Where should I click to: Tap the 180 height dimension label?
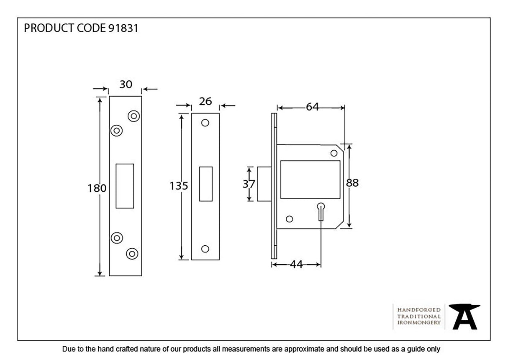pos(97,188)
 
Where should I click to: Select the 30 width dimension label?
pos(126,85)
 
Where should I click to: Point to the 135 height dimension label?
pos(179,186)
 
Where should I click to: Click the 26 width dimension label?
pos(205,101)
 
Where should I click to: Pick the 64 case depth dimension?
pos(312,107)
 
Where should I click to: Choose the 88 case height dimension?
pos(353,183)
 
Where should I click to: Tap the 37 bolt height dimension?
pos(249,184)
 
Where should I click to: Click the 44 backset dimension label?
pos(296,265)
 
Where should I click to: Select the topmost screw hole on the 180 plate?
pos(133,116)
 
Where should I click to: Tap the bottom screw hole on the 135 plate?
pos(205,249)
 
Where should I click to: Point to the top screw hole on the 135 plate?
pos(205,123)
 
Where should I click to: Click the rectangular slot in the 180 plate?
pos(125,186)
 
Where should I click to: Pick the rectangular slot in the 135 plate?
pos(206,184)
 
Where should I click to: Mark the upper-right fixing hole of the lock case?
pos(334,153)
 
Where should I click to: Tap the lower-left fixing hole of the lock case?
pos(289,219)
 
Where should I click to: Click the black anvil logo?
pos(464,316)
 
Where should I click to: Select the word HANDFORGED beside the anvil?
pos(419,310)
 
